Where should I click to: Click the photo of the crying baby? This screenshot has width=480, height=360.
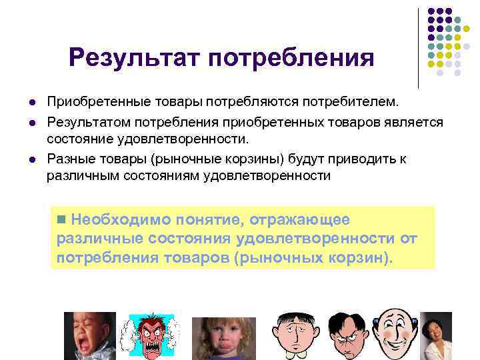(89, 336)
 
